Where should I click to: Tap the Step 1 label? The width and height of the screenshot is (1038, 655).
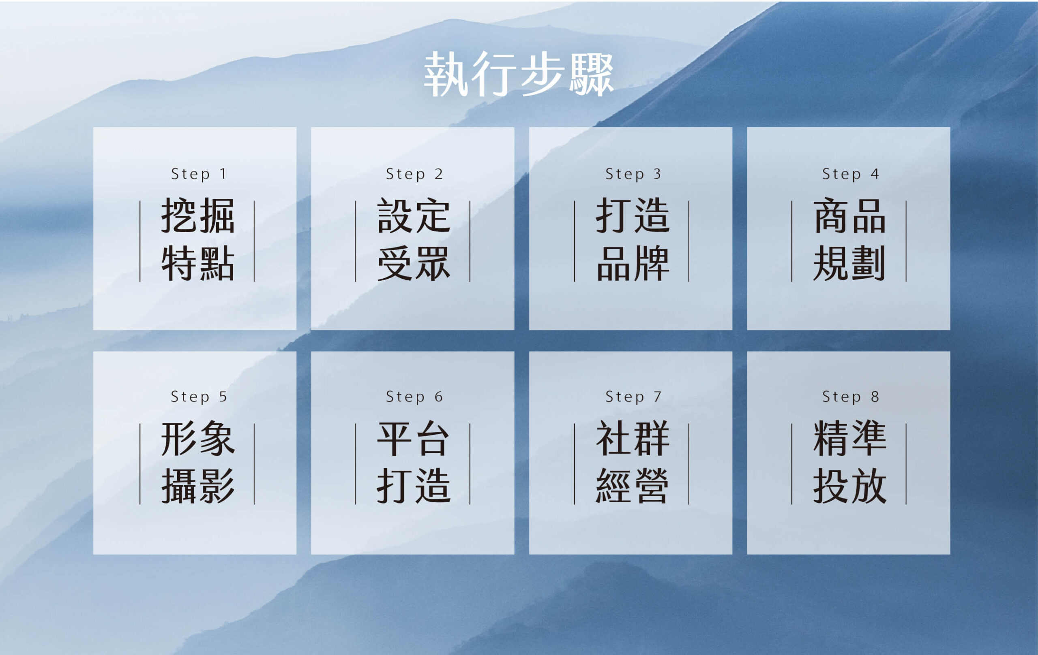(199, 174)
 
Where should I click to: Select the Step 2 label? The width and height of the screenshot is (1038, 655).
(414, 174)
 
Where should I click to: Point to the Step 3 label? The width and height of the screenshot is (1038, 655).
(633, 174)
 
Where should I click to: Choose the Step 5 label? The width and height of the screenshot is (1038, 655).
(199, 397)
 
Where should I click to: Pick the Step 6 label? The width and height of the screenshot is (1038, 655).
(414, 397)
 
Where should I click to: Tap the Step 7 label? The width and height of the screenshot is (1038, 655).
(633, 397)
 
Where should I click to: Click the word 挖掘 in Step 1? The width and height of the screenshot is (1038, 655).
(198, 216)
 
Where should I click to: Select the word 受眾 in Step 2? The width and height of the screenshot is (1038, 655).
(414, 264)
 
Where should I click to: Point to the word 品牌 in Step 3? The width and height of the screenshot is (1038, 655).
(633, 264)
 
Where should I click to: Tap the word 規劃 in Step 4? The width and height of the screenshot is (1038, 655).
(849, 264)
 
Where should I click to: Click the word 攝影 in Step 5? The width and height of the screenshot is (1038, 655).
(198, 486)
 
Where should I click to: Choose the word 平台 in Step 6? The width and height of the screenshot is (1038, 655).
(414, 439)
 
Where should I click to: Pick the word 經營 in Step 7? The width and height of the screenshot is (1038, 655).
(633, 486)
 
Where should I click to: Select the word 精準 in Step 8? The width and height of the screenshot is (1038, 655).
(849, 439)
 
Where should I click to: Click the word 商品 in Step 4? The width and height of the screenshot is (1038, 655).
(849, 216)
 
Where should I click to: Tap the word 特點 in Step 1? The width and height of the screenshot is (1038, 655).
(198, 264)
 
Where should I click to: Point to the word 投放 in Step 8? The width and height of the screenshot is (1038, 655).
(849, 486)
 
